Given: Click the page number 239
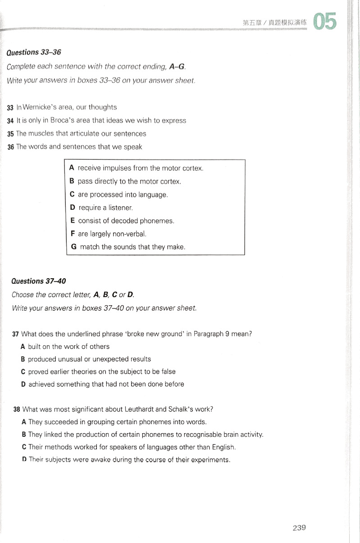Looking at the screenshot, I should pyautogui.click(x=299, y=527).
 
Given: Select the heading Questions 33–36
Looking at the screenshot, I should pyautogui.click(x=34, y=52).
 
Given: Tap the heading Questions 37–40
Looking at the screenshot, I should pyautogui.click(x=39, y=281).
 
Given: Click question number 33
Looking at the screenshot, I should pyautogui.click(x=10, y=108).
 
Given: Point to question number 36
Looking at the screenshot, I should pyautogui.click(x=10, y=147).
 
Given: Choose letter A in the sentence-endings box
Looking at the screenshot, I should pyautogui.click(x=72, y=168).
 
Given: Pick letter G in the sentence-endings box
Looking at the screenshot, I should pyautogui.click(x=74, y=247).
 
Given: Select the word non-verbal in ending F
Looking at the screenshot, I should pyautogui.click(x=130, y=234).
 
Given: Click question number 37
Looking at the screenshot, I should pyautogui.click(x=16, y=334).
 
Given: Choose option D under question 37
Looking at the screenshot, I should pyautogui.click(x=23, y=384).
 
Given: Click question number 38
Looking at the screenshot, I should pyautogui.click(x=17, y=409).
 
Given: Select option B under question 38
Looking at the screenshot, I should pyautogui.click(x=23, y=434).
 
